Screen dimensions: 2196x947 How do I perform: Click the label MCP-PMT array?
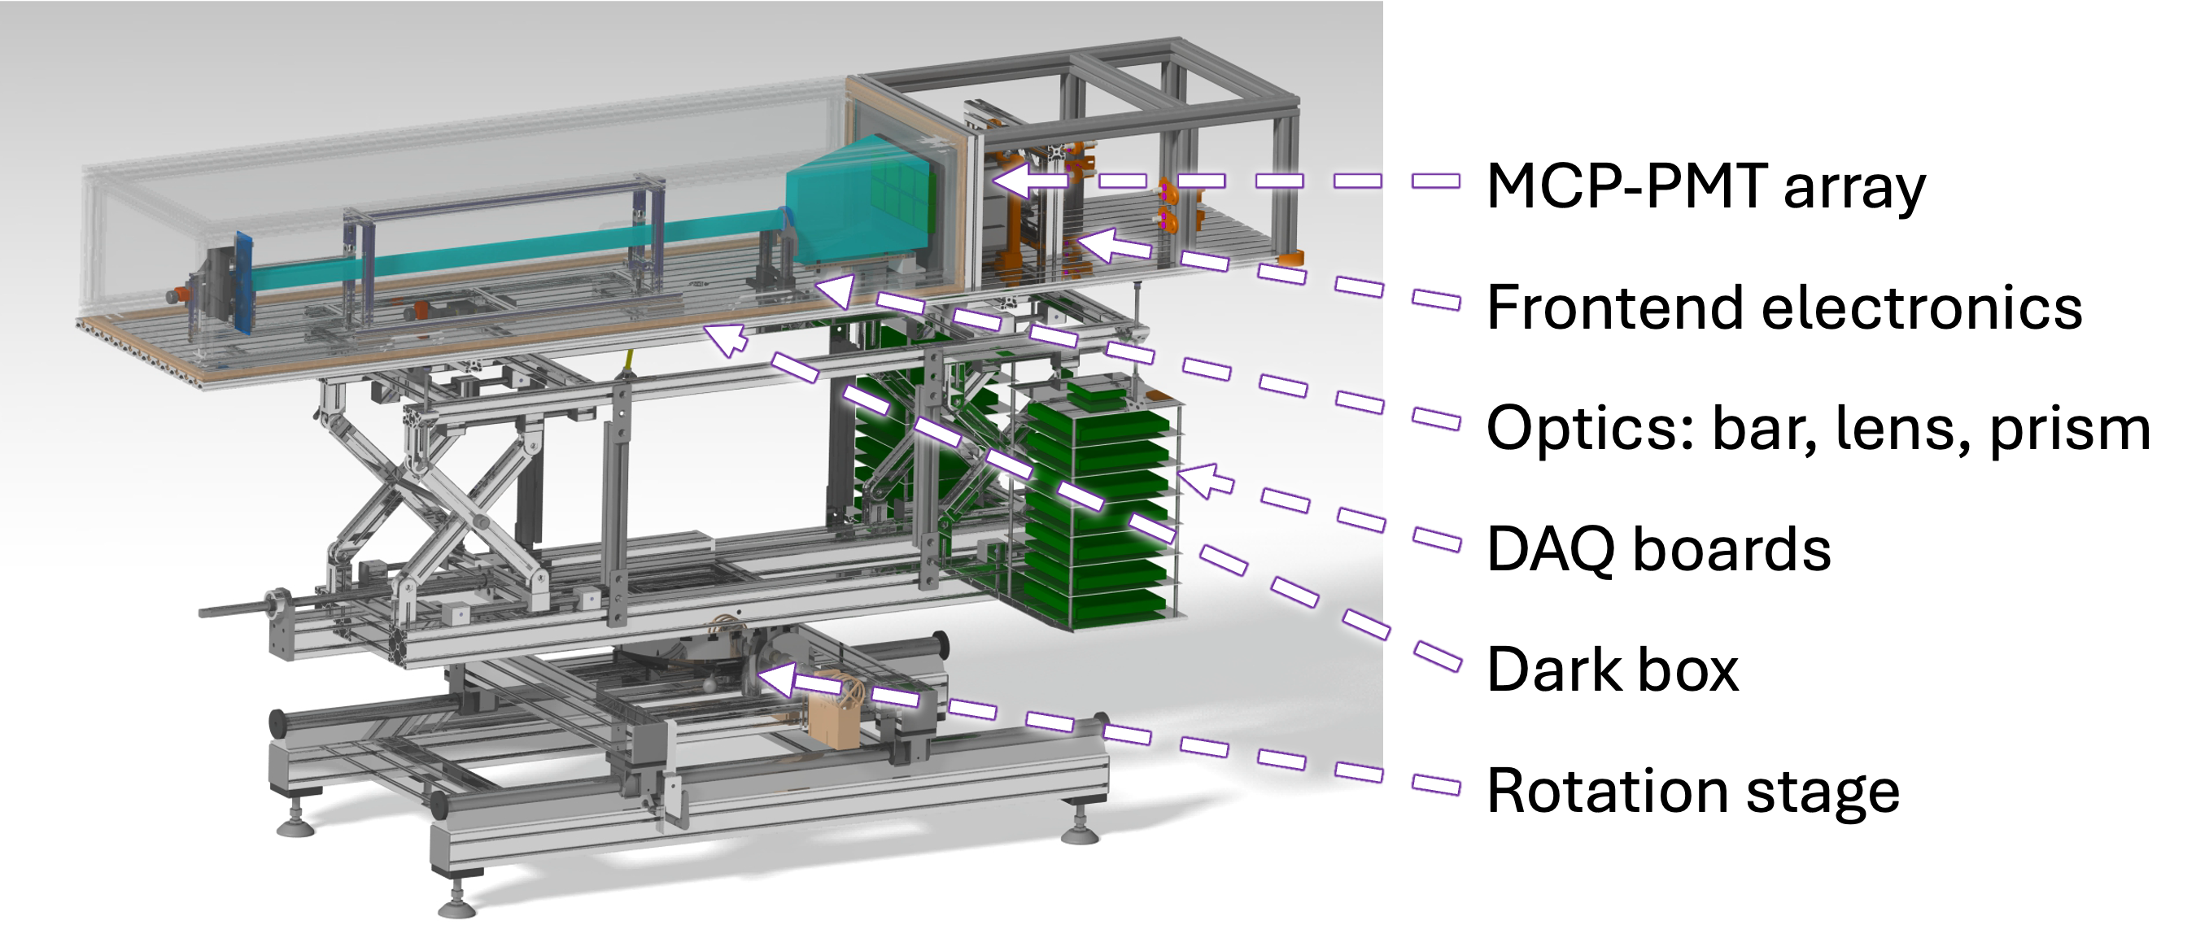1705,186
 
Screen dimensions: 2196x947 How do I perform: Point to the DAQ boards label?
1659,549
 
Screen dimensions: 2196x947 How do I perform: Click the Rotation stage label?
1693,792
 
